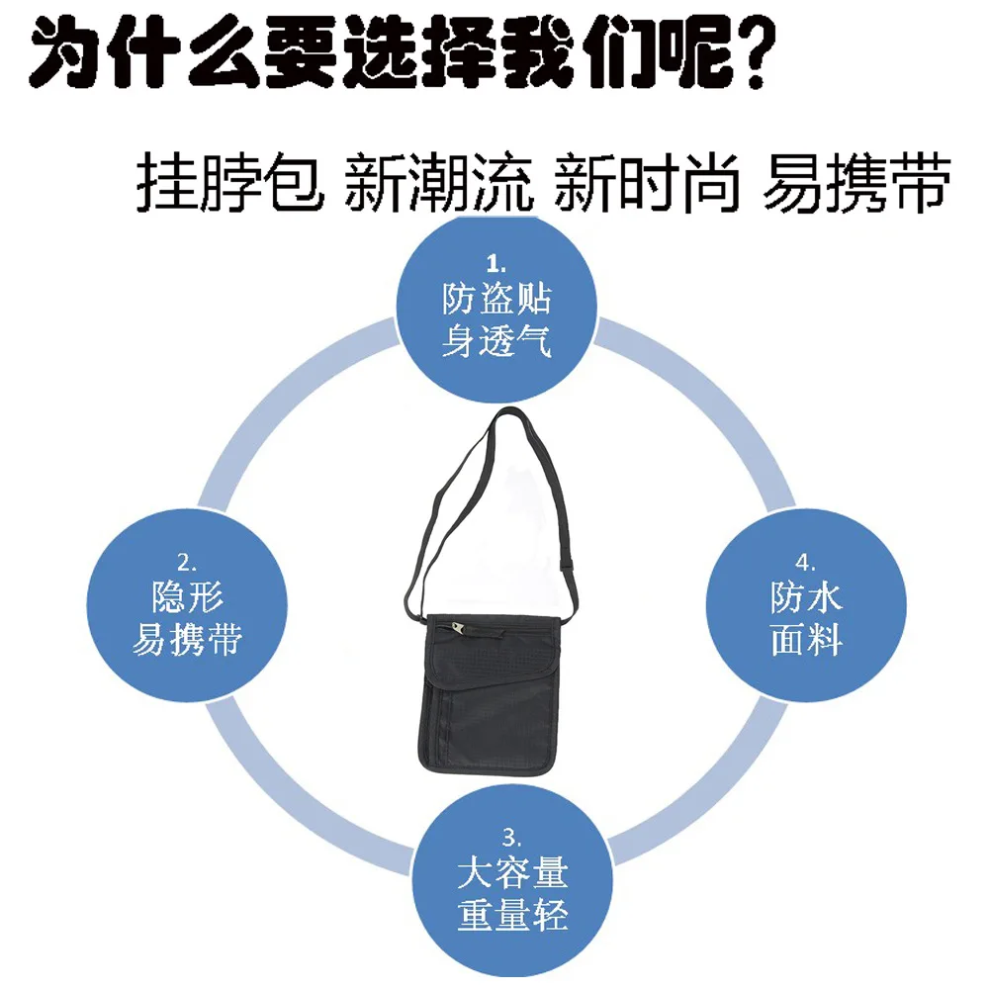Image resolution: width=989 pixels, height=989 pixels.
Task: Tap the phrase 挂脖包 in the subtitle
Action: coord(230,181)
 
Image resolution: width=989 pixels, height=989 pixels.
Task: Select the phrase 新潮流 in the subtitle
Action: coord(439,181)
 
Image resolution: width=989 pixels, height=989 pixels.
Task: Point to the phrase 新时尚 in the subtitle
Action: coord(646,181)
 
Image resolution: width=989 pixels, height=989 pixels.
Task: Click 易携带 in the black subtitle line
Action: coord(856,181)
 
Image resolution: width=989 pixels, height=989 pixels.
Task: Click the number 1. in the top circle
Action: coord(495,262)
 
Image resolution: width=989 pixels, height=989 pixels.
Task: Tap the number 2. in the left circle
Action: coord(187,562)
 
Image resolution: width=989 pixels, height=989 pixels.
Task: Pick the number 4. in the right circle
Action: coord(805,562)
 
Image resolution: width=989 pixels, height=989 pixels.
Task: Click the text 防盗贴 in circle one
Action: coord(496,299)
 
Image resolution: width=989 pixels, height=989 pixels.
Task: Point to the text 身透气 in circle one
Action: coord(496,340)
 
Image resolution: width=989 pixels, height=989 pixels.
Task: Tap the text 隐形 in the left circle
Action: coord(187,596)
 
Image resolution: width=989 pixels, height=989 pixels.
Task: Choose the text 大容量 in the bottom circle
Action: coord(512,872)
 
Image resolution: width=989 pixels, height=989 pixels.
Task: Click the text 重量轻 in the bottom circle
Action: coord(512,915)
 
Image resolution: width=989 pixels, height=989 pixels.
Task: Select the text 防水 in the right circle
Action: coord(806,596)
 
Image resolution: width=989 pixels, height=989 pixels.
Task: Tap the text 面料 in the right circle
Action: coord(806,639)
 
